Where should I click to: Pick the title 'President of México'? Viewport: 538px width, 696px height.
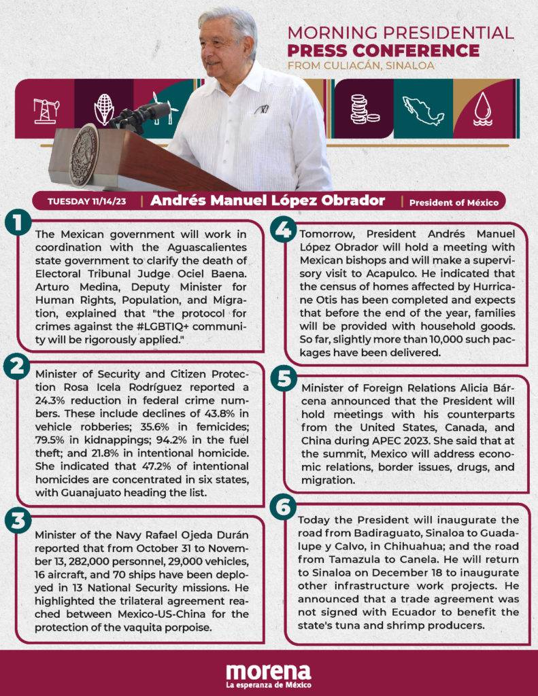coord(453,202)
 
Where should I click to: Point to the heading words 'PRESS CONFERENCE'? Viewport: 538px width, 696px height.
coord(383,50)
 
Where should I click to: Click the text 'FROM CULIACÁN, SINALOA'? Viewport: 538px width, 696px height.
coord(360,66)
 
